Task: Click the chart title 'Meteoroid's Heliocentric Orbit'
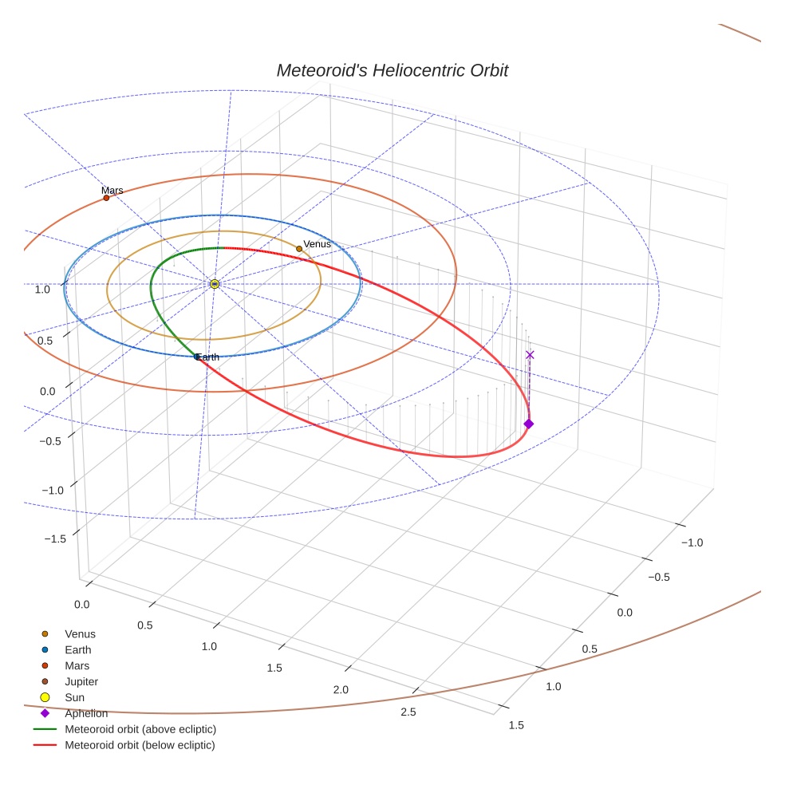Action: [x=392, y=70]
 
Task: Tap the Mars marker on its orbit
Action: [x=106, y=198]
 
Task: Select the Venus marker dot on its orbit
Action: [x=299, y=249]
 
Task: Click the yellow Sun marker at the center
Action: [x=215, y=284]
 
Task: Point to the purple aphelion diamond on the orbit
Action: [x=528, y=424]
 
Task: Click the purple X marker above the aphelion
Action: [x=530, y=355]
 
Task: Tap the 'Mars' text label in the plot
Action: [x=112, y=191]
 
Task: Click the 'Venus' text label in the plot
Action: [x=317, y=244]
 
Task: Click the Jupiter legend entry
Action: [x=81, y=681]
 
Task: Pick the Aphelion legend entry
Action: [x=86, y=713]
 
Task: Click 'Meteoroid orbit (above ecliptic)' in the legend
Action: [x=140, y=729]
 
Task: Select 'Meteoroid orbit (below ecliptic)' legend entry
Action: [x=140, y=745]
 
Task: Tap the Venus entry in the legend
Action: [x=80, y=634]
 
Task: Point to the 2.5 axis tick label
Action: [x=407, y=712]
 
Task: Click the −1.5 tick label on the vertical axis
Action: [x=55, y=539]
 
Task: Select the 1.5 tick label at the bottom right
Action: [x=516, y=725]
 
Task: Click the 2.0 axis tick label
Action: [x=341, y=689]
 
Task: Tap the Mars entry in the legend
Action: [x=77, y=665]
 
